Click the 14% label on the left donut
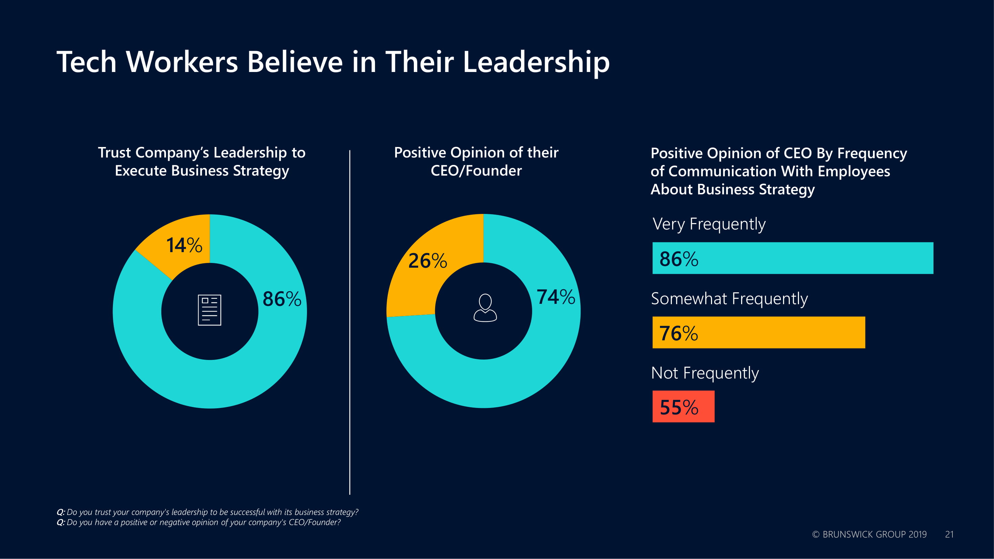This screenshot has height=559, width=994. (184, 245)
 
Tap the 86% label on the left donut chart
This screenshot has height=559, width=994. (282, 299)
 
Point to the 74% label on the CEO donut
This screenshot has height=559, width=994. (555, 297)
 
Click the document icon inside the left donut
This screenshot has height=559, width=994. (210, 310)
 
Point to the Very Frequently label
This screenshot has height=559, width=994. (709, 224)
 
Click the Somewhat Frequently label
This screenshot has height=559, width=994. (729, 299)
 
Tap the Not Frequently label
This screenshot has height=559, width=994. (705, 373)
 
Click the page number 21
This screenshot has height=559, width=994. (949, 534)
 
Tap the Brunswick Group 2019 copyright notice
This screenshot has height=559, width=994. (869, 534)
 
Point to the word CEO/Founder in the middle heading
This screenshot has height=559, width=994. (476, 171)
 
